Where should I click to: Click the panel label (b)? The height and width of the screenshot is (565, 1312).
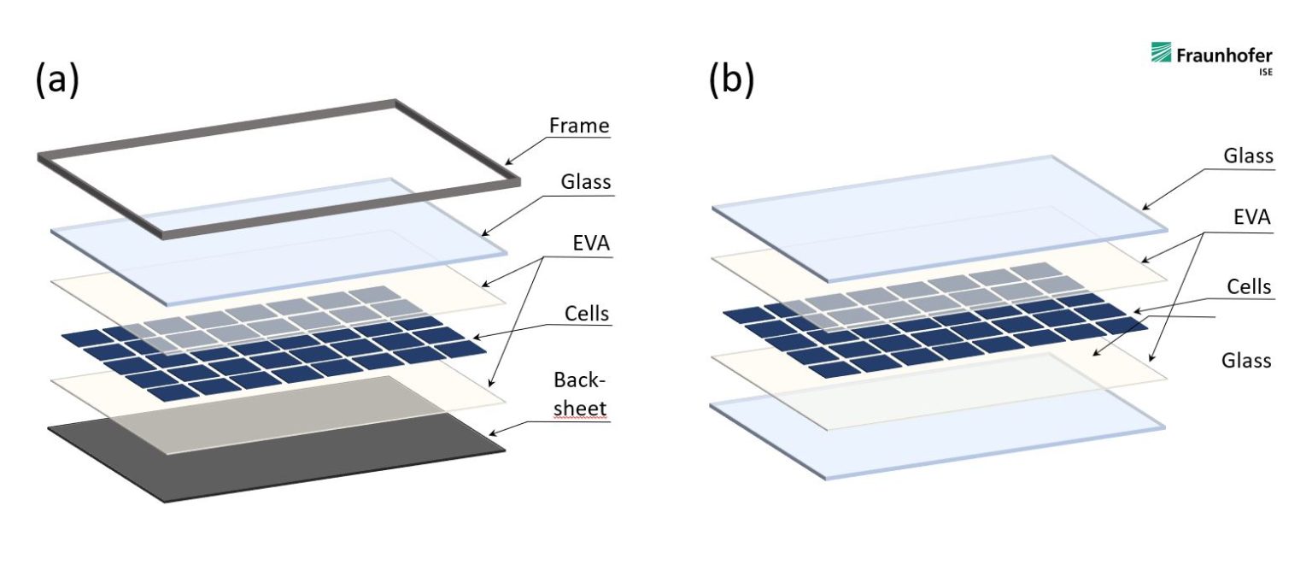(x=731, y=79)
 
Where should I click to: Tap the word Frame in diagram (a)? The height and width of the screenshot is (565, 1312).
(x=580, y=127)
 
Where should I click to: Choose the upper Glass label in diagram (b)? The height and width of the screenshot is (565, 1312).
(x=1248, y=156)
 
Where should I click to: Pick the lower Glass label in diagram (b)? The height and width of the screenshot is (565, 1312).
(x=1247, y=360)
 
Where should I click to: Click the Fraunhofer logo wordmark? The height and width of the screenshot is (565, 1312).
(x=1224, y=56)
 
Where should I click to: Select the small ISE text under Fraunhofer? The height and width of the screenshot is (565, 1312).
(x=1264, y=74)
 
